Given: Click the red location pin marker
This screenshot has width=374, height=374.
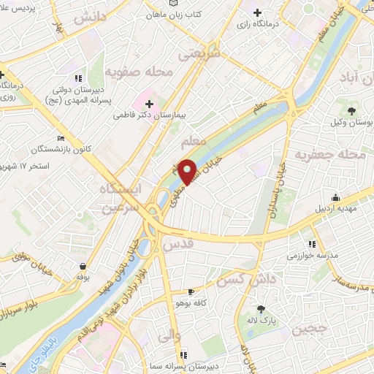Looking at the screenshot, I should pyautogui.click(x=188, y=171).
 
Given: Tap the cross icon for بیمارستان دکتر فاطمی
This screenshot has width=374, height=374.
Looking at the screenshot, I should pyautogui.click(x=150, y=104).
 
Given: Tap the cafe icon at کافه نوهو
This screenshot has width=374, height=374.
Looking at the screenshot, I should pyautogui.click(x=191, y=291).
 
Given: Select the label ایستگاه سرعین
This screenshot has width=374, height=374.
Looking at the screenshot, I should pyautogui.click(x=125, y=196).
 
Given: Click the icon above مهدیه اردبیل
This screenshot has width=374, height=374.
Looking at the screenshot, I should pyautogui.click(x=335, y=196).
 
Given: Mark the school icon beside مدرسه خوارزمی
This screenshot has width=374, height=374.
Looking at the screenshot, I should pyautogui.click(x=312, y=245).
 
